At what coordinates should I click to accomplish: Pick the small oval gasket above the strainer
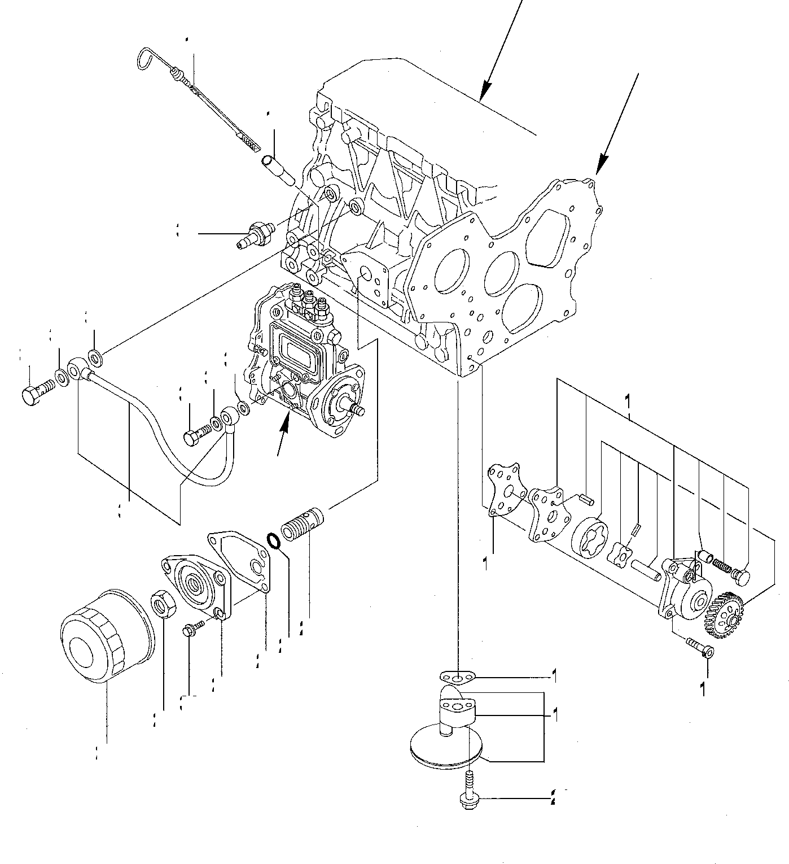pos(458,675)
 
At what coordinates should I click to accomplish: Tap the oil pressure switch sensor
pos(255,234)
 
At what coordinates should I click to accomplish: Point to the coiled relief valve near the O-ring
pos(301,525)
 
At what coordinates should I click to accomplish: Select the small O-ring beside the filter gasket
pos(274,540)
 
